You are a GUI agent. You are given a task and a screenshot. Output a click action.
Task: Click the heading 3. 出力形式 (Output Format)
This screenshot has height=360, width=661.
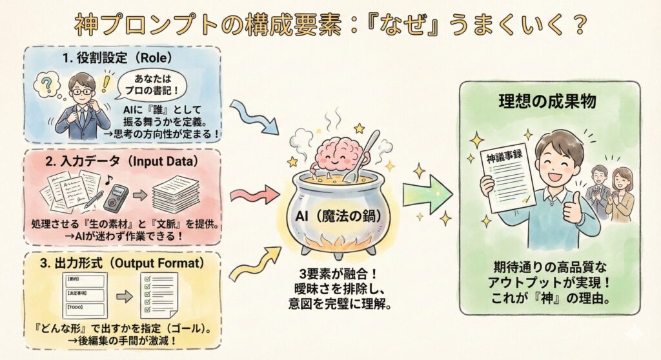[x=123, y=263]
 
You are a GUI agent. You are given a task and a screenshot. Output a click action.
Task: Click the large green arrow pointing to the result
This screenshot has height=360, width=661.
[x=427, y=194]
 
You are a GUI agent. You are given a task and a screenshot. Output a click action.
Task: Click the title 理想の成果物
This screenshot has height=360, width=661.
[x=548, y=101]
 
